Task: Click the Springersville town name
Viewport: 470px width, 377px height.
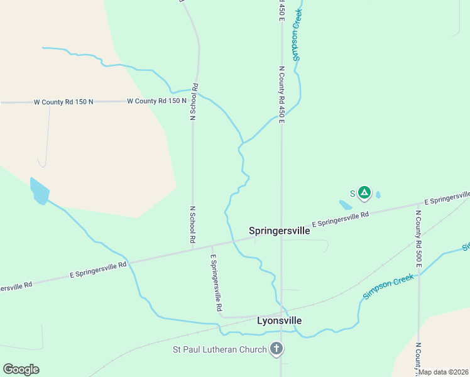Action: click(x=279, y=231)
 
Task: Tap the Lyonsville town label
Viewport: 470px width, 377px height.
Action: click(x=279, y=320)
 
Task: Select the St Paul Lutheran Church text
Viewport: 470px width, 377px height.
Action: click(x=220, y=349)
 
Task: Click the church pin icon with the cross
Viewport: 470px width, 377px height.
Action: click(x=276, y=349)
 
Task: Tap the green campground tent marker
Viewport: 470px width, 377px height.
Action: click(x=364, y=192)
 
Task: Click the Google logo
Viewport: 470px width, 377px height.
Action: click(x=21, y=369)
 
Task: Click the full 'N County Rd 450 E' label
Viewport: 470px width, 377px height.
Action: click(x=282, y=94)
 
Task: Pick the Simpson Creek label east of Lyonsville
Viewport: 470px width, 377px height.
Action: click(x=388, y=287)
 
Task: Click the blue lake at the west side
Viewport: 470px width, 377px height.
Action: click(x=39, y=192)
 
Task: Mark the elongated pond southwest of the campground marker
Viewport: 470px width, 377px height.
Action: click(x=346, y=205)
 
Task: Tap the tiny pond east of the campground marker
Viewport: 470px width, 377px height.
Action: click(x=378, y=195)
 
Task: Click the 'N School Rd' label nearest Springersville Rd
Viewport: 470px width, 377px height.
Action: click(x=193, y=224)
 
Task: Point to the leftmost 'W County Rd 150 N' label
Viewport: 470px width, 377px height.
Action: click(x=63, y=102)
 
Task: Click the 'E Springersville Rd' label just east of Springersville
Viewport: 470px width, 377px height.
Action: click(x=340, y=219)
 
